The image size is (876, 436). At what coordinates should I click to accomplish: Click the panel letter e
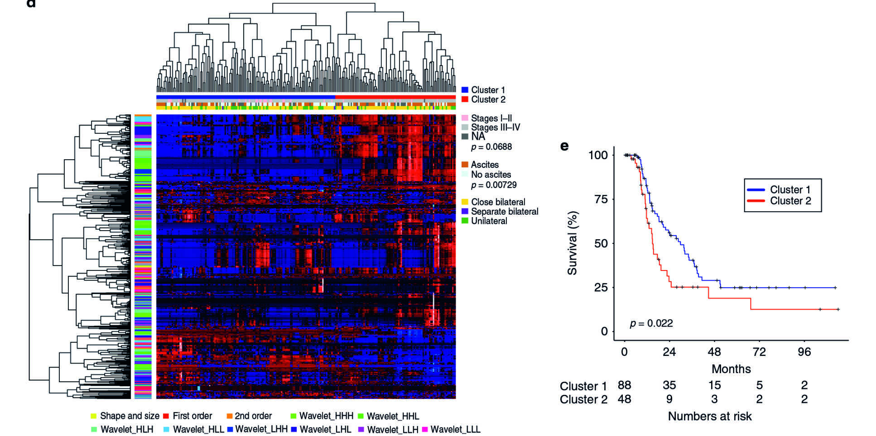(x=564, y=146)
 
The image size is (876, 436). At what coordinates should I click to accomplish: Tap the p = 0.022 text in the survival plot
(x=651, y=323)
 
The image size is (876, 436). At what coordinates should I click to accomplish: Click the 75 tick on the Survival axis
(x=601, y=199)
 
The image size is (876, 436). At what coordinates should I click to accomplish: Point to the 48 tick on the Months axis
(x=714, y=352)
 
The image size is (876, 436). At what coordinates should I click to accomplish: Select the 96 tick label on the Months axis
(x=804, y=352)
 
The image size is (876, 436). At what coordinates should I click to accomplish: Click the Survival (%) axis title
(x=573, y=243)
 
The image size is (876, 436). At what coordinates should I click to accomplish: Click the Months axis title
(x=731, y=369)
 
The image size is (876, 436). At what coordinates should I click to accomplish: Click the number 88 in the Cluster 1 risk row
(x=624, y=385)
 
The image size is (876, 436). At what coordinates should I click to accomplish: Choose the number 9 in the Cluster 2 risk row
(x=669, y=399)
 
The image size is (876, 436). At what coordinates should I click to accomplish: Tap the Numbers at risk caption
(x=709, y=417)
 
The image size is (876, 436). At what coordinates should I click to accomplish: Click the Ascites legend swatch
(x=465, y=165)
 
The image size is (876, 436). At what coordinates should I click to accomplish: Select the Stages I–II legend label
(x=491, y=118)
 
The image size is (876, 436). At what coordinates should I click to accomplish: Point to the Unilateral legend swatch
(x=465, y=221)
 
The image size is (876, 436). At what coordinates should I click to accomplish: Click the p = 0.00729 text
(x=494, y=185)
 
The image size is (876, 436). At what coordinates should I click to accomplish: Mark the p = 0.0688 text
(x=491, y=147)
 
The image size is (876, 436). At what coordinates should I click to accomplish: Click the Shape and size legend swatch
(x=94, y=416)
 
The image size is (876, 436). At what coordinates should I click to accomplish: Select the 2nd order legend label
(x=253, y=416)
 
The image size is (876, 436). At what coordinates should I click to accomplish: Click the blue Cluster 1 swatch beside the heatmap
(x=465, y=90)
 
